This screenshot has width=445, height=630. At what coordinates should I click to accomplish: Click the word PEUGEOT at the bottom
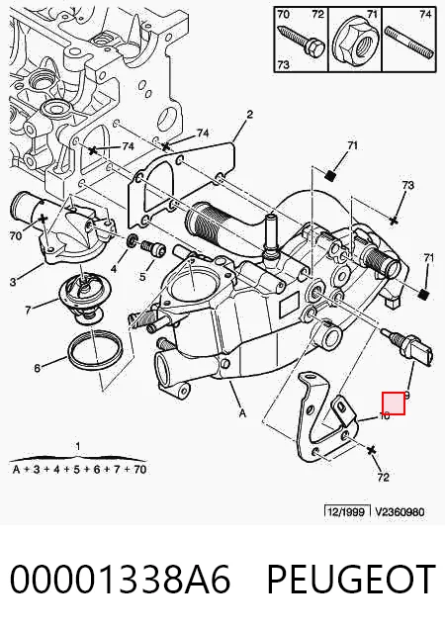tap(351, 579)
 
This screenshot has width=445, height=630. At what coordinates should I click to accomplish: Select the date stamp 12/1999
tap(347, 511)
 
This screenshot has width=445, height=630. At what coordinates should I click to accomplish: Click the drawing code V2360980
tap(400, 511)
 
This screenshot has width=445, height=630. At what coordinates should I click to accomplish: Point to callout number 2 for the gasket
tap(249, 115)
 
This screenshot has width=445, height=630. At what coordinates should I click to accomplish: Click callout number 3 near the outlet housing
tap(13, 282)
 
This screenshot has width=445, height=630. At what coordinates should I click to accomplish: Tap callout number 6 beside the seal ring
tap(37, 368)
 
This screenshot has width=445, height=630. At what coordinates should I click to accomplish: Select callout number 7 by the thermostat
tap(28, 311)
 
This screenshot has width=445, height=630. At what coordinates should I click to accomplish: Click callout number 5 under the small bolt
tap(142, 277)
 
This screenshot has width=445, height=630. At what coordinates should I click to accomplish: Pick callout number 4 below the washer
tap(114, 268)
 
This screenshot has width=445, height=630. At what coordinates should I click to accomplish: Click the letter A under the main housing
tap(242, 412)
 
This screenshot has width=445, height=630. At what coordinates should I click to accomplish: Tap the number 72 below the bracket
tap(383, 477)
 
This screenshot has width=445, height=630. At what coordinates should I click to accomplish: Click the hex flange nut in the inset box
tap(355, 40)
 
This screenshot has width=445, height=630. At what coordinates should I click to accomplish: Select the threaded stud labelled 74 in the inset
tap(409, 42)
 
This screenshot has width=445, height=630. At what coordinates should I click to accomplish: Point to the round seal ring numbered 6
tap(96, 349)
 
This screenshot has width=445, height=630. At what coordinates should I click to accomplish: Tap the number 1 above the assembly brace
tap(78, 446)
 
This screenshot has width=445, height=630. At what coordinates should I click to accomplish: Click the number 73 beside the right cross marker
tap(407, 185)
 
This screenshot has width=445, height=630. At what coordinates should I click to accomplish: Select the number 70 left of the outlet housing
tap(15, 235)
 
